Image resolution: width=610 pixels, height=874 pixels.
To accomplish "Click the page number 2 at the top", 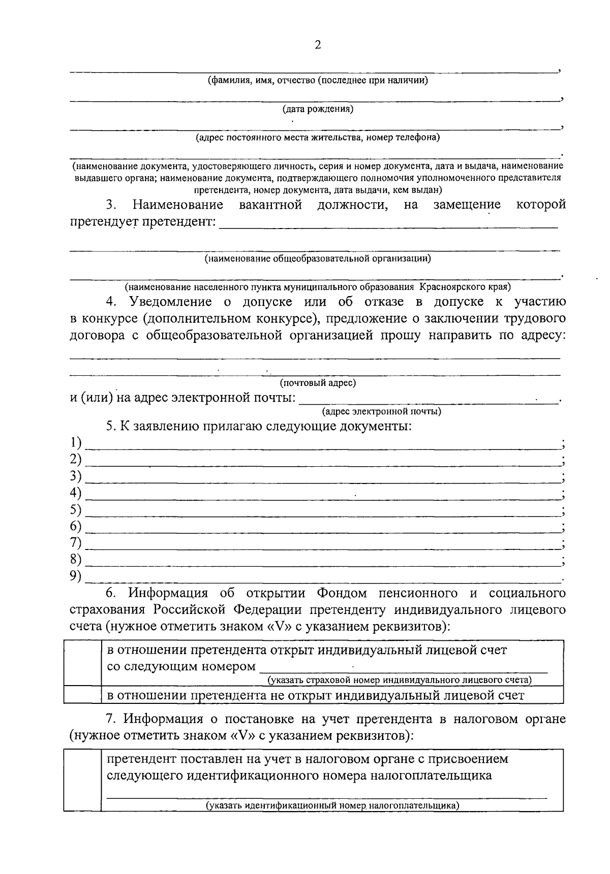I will click(318, 45).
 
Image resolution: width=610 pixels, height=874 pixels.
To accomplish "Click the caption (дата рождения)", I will click(318, 109).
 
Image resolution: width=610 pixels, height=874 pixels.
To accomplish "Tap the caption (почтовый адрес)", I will click(318, 383).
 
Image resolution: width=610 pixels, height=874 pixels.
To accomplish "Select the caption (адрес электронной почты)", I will click(382, 411).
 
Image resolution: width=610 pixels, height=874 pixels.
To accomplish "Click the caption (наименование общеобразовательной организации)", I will click(318, 258).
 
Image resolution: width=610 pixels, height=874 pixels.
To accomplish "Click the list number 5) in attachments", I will click(76, 509).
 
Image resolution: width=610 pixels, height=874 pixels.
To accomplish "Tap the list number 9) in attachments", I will click(76, 576).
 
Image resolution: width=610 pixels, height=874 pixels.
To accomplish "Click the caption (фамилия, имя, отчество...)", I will click(318, 80).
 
